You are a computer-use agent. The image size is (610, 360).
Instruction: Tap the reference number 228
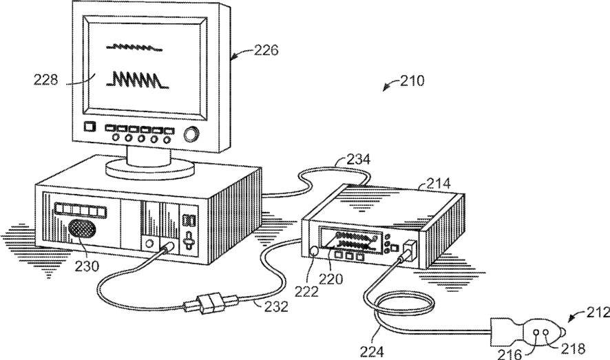[46, 80]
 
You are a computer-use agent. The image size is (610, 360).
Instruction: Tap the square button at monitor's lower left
[89, 127]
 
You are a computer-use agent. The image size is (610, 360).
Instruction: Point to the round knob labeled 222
[316, 251]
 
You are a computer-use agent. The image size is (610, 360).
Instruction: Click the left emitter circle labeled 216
[536, 332]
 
